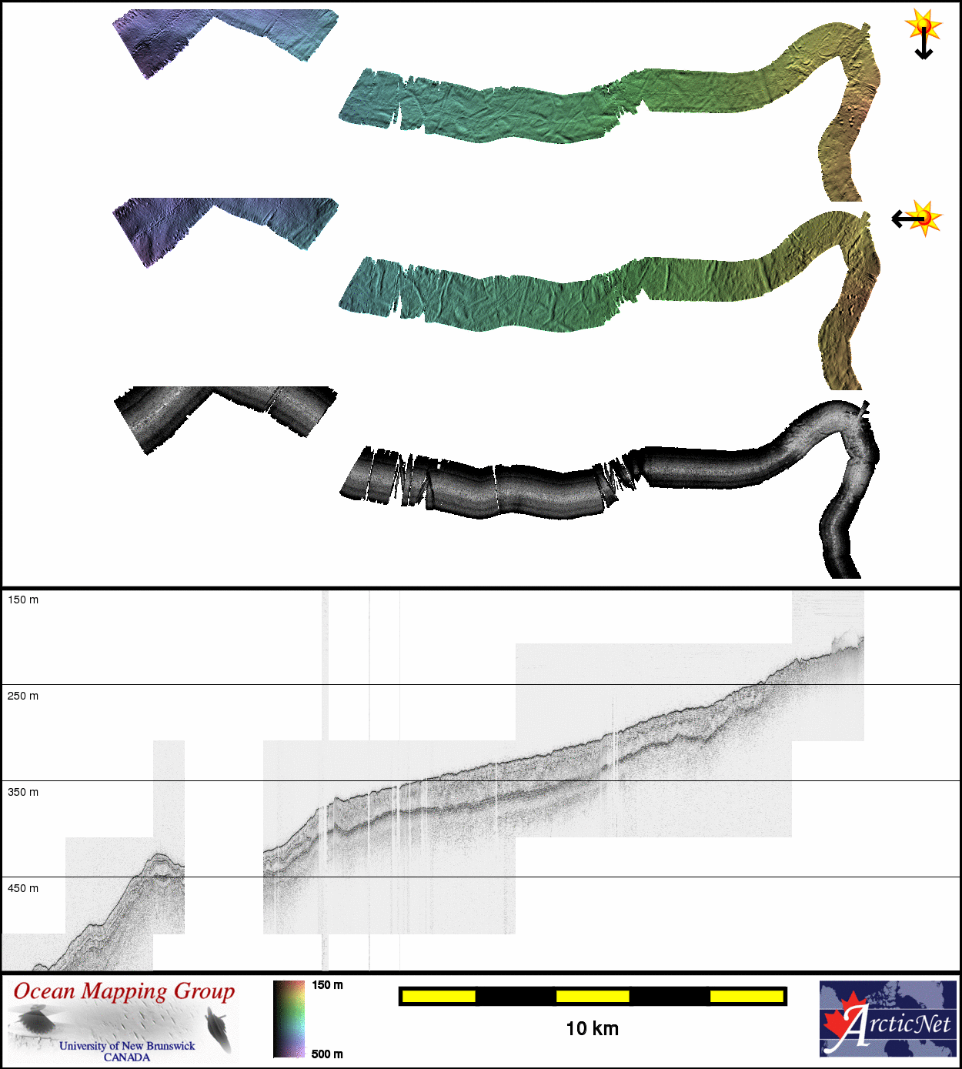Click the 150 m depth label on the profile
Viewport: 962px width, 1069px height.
pyautogui.click(x=23, y=600)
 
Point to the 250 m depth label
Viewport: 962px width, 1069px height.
pyautogui.click(x=23, y=696)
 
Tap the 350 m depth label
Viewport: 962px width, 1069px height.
pyautogui.click(x=23, y=793)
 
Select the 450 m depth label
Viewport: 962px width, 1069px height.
pyautogui.click(x=23, y=888)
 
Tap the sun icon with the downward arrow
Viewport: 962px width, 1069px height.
pyautogui.click(x=924, y=25)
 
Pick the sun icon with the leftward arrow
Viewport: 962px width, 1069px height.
pyautogui.click(x=926, y=218)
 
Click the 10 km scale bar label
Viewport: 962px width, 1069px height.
pyautogui.click(x=592, y=1028)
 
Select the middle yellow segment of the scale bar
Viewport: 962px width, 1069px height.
pyautogui.click(x=593, y=996)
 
